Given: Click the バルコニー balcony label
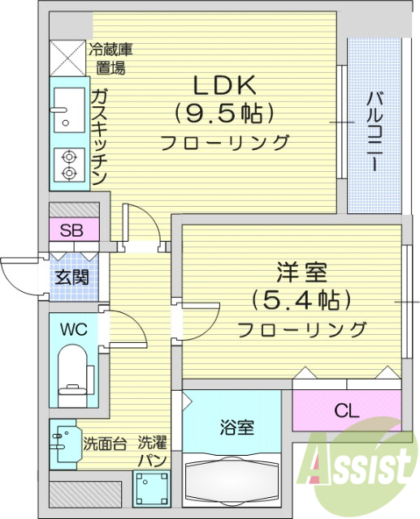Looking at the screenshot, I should click(x=375, y=130).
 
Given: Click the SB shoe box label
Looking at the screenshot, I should click(x=72, y=229).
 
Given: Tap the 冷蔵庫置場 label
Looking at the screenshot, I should click(x=111, y=58).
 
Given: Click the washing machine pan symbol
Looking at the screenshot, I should click(x=149, y=489).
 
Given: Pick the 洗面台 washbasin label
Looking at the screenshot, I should click(x=103, y=444).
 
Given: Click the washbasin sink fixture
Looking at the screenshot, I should click(x=62, y=444).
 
